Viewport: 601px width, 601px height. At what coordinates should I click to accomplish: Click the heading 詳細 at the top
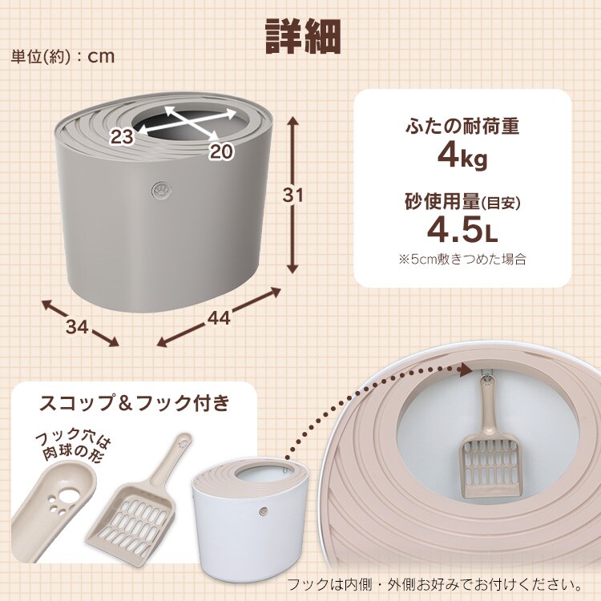[x=303, y=36]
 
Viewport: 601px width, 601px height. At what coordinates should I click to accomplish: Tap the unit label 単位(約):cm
[x=63, y=57]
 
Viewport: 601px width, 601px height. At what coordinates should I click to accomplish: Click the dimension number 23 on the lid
[x=123, y=136]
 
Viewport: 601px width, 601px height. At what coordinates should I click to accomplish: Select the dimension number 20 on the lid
[x=221, y=151]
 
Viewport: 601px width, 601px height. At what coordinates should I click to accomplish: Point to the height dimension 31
[x=292, y=196]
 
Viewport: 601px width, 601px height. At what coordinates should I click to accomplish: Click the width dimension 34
[x=78, y=327]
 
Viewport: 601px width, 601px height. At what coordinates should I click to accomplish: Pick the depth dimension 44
[x=220, y=318]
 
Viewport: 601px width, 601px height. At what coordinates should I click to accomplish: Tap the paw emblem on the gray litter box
[x=161, y=191]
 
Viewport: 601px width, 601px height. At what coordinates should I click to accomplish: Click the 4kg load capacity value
[x=462, y=157]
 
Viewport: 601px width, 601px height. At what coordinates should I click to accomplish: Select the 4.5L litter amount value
[x=462, y=229]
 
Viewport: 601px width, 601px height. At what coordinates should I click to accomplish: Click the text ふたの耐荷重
[x=462, y=126]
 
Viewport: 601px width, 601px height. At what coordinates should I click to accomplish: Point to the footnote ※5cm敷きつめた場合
[x=462, y=259]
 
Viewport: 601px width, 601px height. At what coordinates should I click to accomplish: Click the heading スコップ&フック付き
[x=134, y=403]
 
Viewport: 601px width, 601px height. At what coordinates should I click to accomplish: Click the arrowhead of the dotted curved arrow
[x=465, y=370]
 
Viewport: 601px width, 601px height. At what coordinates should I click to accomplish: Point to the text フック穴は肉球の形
[x=73, y=446]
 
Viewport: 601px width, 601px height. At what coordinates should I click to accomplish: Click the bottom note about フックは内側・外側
[x=434, y=584]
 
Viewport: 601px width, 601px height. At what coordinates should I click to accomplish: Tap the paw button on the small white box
[x=263, y=511]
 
